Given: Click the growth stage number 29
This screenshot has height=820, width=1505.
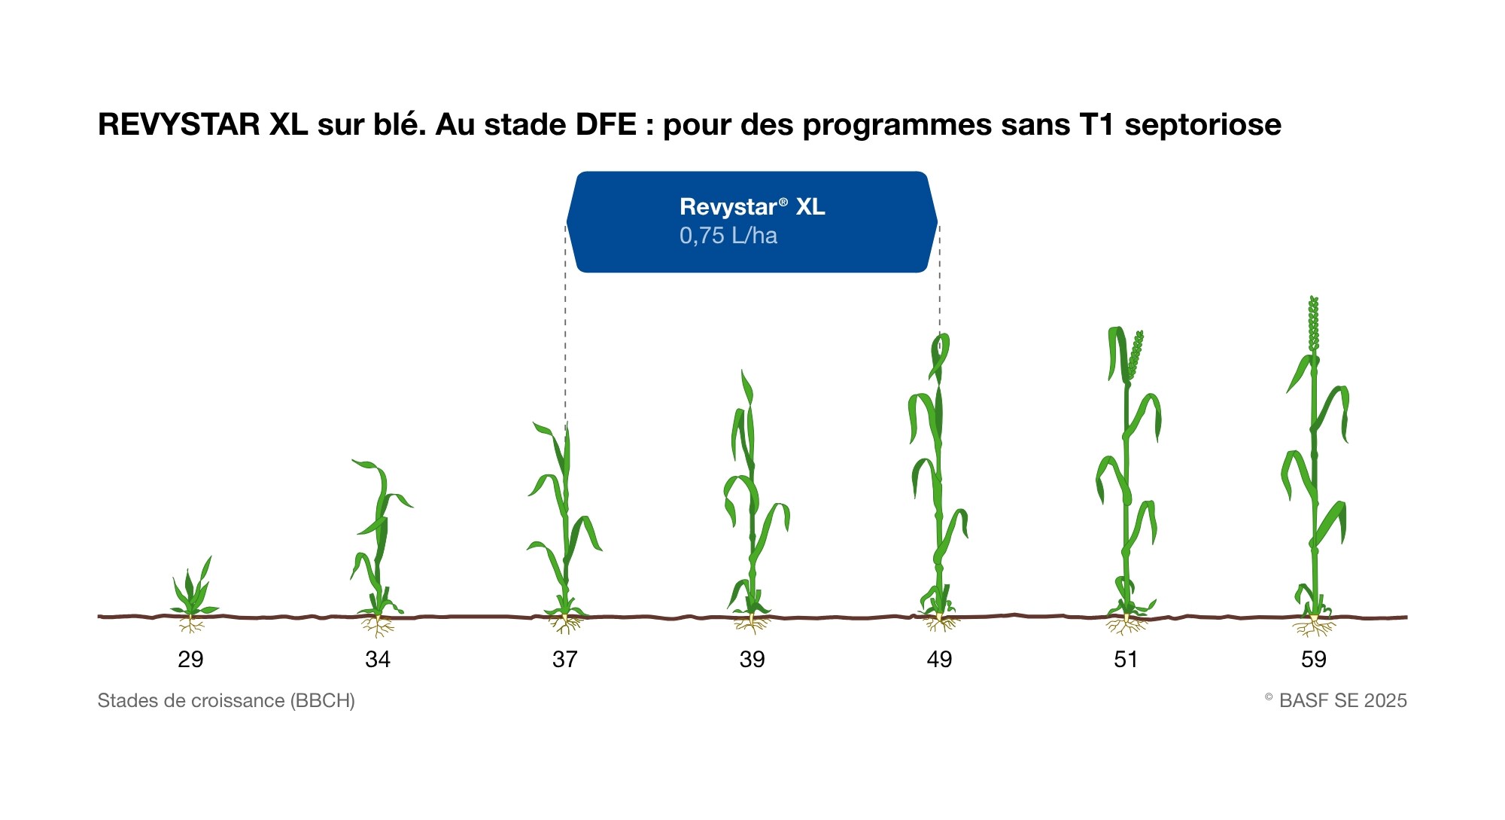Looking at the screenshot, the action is point(190,660).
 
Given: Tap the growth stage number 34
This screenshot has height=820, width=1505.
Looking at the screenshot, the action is point(378,660).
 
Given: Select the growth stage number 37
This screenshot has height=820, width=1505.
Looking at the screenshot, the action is point(565,660).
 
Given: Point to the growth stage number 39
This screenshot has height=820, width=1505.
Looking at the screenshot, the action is point(752,660).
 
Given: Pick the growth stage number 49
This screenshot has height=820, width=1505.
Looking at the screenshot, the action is point(939,660).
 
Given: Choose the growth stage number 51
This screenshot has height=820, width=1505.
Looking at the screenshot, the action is point(1126,660).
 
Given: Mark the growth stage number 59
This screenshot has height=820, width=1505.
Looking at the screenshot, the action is point(1314,660).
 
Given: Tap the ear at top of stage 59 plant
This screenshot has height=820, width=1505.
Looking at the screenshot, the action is point(1314,324).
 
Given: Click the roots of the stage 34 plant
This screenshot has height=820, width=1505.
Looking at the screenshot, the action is point(377,626).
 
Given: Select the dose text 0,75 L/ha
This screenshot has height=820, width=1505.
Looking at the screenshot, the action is point(728,236).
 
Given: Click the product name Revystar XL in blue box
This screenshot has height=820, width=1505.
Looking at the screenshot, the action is point(752,206).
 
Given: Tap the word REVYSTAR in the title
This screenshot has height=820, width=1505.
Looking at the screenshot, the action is point(179,124).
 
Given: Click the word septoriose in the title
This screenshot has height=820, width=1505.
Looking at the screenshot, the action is point(1203,125).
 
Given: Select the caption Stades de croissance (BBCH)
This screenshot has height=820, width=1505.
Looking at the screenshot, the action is point(227,701).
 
